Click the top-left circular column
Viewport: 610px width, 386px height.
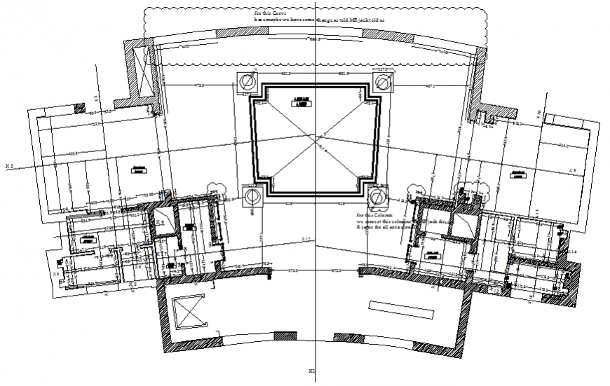[248, 83]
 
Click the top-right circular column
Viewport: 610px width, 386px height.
[383, 83]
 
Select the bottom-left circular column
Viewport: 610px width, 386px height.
[251, 197]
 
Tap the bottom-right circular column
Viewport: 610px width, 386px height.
[377, 196]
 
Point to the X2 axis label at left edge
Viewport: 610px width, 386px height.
[10, 166]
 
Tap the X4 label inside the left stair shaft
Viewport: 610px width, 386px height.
[161, 222]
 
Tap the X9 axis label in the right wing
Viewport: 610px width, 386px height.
[572, 170]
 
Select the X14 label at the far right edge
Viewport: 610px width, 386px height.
[573, 251]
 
